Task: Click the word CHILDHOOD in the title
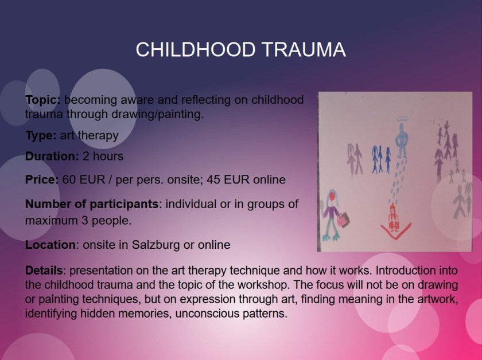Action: pyautogui.click(x=196, y=49)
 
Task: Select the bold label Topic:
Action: pyautogui.click(x=43, y=100)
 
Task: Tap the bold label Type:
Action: pyautogui.click(x=41, y=135)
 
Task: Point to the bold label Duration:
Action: pyautogui.click(x=52, y=156)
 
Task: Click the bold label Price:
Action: pyautogui.click(x=42, y=179)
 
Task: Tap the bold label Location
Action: pyautogui.click(x=50, y=245)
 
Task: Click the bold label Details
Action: pyautogui.click(x=44, y=271)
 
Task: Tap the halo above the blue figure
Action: pyautogui.click(x=402, y=119)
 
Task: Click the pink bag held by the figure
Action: pyautogui.click(x=343, y=220)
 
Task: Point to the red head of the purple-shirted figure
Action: pyautogui.click(x=332, y=196)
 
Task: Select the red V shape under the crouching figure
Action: pyautogui.click(x=395, y=233)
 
